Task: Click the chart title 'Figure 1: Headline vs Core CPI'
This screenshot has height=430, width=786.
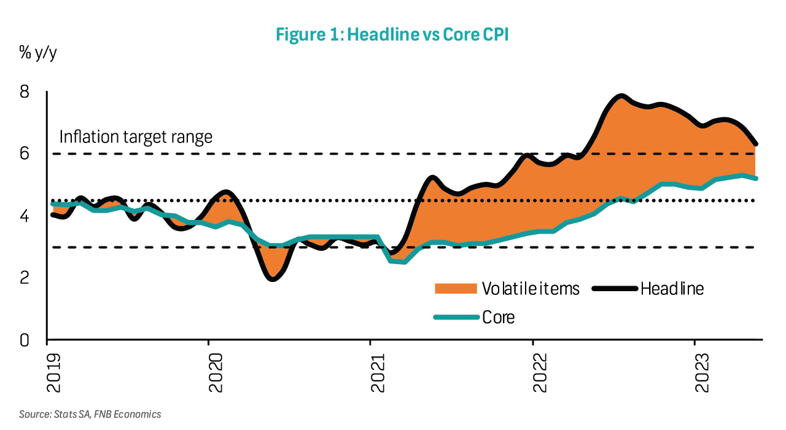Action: [x=392, y=35]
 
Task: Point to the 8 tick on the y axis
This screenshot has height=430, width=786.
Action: [x=25, y=92]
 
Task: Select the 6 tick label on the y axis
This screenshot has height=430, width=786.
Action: [x=25, y=154]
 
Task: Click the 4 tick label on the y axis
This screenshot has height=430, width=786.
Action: [x=25, y=216]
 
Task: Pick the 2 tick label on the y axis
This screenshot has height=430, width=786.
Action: [x=25, y=278]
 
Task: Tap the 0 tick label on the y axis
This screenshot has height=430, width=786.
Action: [x=25, y=340]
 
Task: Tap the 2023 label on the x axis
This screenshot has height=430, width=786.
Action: [x=695, y=368]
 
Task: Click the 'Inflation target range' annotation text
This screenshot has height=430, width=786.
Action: [x=136, y=136]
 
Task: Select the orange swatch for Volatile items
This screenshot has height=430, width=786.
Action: [x=455, y=289]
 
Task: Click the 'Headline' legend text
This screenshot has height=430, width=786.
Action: [x=672, y=289]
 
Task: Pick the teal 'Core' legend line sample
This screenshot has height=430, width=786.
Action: [x=456, y=317]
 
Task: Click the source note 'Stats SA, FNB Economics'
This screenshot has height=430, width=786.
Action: [x=90, y=414]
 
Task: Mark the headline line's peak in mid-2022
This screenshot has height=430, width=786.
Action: [x=621, y=96]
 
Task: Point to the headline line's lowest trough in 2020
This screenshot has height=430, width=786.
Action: [x=273, y=278]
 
